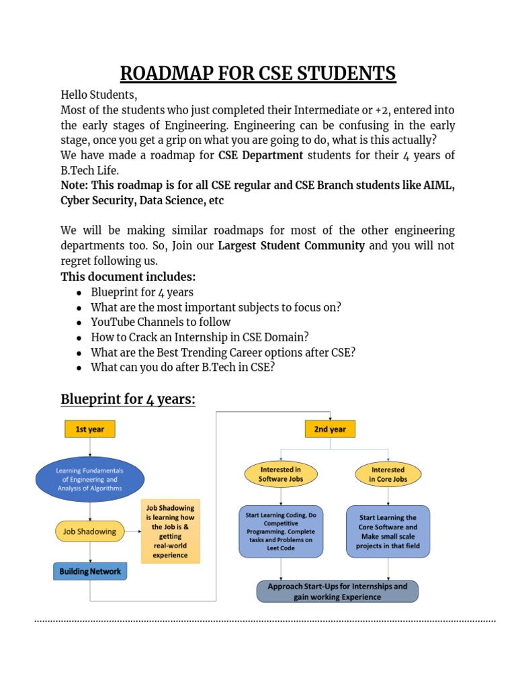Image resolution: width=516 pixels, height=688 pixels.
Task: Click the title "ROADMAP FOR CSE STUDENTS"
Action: pyautogui.click(x=258, y=73)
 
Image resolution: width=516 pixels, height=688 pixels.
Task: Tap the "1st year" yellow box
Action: pyautogui.click(x=89, y=429)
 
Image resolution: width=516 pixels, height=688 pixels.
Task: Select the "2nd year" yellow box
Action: pyautogui.click(x=330, y=429)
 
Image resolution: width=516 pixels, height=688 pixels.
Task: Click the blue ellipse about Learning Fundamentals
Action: pyautogui.click(x=89, y=479)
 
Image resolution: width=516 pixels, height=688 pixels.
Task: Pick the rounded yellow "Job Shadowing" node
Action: pyautogui.click(x=89, y=531)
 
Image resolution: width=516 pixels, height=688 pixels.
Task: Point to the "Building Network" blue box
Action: pyautogui.click(x=90, y=572)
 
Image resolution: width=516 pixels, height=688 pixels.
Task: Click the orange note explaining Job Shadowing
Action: pyautogui.click(x=170, y=531)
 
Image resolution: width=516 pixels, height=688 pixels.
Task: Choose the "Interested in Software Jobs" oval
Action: pyautogui.click(x=281, y=474)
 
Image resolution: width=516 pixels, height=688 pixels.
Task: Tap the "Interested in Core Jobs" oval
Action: pyautogui.click(x=388, y=474)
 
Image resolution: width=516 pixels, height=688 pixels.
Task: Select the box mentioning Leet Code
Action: pyautogui.click(x=281, y=531)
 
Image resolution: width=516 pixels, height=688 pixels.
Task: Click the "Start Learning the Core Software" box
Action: pyautogui.click(x=388, y=531)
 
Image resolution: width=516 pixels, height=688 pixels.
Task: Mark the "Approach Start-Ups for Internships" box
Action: pyautogui.click(x=337, y=591)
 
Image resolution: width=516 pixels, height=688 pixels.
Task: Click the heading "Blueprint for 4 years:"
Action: pyautogui.click(x=128, y=400)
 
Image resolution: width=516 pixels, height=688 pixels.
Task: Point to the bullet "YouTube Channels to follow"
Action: pyautogui.click(x=161, y=322)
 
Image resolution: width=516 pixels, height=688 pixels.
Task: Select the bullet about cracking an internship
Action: pyautogui.click(x=200, y=337)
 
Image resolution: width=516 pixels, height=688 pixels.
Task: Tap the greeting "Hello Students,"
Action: pyautogui.click(x=99, y=95)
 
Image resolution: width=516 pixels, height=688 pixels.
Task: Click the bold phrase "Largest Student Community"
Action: pyautogui.click(x=292, y=246)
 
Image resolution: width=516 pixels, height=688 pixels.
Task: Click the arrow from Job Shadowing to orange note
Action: pyautogui.click(x=132, y=531)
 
